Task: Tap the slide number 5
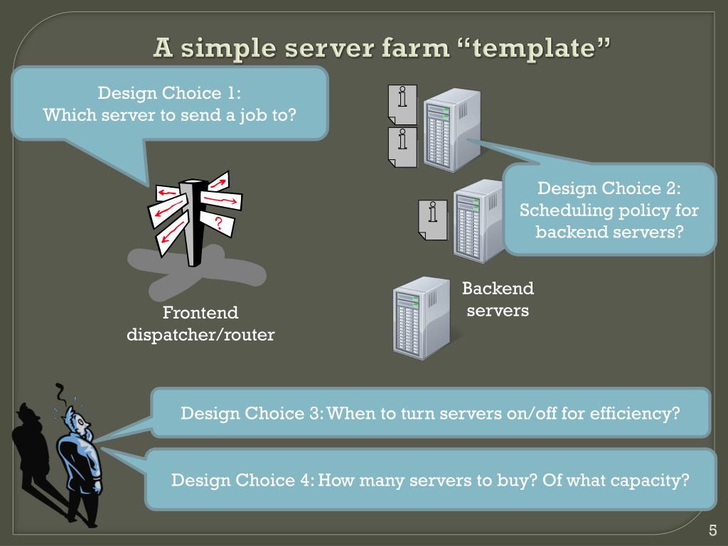(x=712, y=530)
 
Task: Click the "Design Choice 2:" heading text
(x=609, y=188)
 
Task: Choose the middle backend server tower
(x=478, y=220)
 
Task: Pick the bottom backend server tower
(x=422, y=317)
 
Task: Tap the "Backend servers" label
(x=498, y=299)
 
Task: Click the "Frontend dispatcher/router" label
(x=200, y=323)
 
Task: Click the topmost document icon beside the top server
(x=402, y=105)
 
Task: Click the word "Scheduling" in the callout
(x=562, y=210)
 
